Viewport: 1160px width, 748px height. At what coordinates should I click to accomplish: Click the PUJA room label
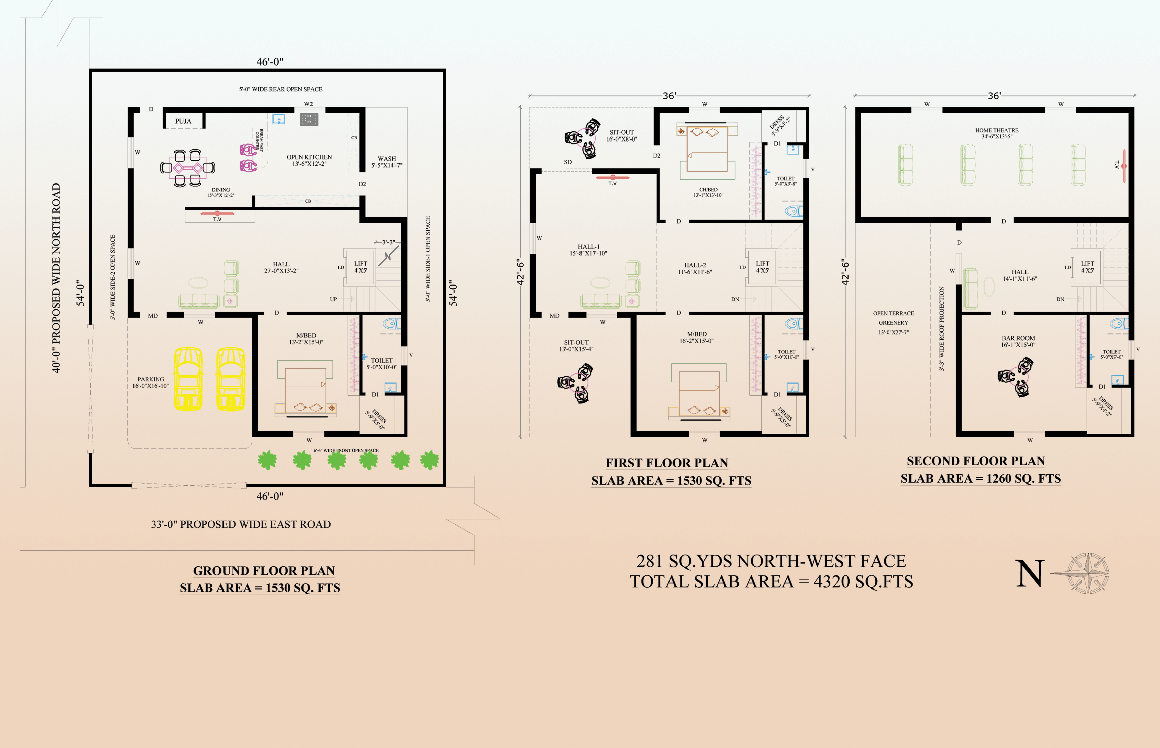click(x=183, y=121)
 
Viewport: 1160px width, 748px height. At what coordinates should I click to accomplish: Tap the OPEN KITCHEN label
click(x=309, y=157)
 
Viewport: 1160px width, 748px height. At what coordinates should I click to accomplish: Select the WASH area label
click(x=387, y=158)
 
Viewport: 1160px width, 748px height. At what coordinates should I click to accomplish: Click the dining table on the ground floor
click(x=187, y=168)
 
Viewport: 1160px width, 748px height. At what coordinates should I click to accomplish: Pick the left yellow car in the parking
click(x=188, y=379)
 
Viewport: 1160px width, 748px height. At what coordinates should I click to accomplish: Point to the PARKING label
click(x=151, y=379)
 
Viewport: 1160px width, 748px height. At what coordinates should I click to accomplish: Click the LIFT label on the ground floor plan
click(x=360, y=264)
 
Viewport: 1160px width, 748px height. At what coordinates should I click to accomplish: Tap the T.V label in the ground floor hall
click(x=217, y=219)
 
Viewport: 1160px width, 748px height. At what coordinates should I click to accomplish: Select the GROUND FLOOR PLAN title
click(x=264, y=571)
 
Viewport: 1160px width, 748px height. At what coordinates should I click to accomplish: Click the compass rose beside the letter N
click(x=1088, y=573)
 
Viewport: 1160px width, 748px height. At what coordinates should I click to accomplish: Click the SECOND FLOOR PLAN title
click(x=976, y=461)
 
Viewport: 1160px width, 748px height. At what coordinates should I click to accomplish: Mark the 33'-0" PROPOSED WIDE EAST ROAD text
click(x=241, y=524)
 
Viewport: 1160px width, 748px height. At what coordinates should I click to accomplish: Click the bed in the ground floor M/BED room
click(x=305, y=389)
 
